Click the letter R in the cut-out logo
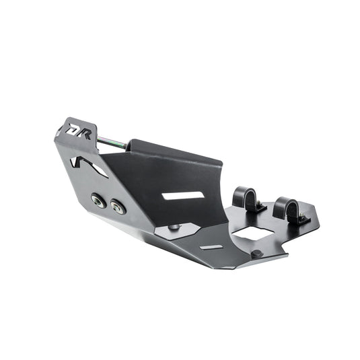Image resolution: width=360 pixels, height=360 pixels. [x=84, y=134]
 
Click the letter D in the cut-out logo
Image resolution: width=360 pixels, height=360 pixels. [x=72, y=130]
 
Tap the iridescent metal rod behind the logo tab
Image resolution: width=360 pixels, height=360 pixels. [x=111, y=142]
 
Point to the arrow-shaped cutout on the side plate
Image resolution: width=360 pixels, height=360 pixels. [x=88, y=166]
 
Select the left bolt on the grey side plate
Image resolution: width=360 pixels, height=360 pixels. [x=99, y=201]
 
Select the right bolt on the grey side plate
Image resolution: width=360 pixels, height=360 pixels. [x=118, y=207]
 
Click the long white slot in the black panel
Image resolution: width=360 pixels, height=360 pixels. [x=183, y=195]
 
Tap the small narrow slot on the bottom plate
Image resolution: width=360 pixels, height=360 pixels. [x=211, y=247]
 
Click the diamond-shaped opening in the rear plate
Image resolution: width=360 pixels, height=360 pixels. [x=252, y=233]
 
